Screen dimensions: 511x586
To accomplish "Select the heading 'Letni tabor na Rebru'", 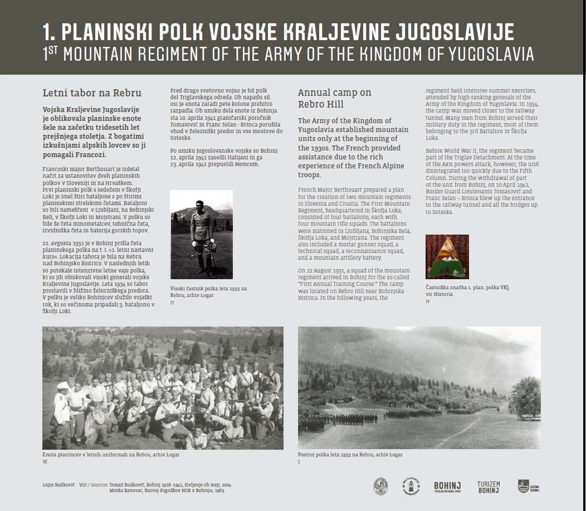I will tap(92, 93).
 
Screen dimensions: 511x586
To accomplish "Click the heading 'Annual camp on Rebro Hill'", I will tap(334, 98).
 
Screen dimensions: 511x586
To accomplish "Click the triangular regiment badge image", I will tap(447, 256).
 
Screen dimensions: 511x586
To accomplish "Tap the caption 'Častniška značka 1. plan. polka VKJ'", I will tap(467, 287).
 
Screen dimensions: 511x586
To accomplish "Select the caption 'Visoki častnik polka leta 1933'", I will tap(208, 288).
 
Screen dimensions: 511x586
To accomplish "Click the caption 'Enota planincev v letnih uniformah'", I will tap(111, 455).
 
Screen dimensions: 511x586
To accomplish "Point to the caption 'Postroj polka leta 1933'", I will tap(350, 455).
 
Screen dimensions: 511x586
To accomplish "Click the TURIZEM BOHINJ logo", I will tap(488, 487).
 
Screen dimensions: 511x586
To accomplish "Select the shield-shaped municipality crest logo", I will tap(524, 486).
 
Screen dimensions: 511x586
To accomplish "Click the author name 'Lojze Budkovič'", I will tap(58, 485).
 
